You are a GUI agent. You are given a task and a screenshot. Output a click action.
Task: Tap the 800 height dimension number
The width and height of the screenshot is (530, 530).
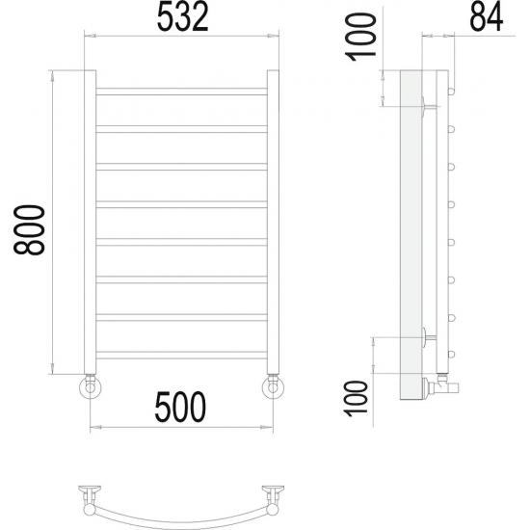29,229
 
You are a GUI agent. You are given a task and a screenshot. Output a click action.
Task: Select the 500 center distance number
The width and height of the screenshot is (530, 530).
180,407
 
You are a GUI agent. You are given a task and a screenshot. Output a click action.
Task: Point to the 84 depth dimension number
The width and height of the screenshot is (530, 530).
487,17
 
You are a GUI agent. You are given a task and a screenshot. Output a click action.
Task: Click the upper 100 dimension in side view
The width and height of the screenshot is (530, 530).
360,37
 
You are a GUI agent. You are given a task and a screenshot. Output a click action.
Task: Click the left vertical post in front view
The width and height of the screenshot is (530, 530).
90,222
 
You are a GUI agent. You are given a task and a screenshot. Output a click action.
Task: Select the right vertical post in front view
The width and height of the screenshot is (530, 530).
273,222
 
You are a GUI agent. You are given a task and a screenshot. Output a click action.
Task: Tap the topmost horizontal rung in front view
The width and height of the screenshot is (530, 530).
181,92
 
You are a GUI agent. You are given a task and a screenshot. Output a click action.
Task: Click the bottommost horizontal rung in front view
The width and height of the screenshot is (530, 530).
181,355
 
